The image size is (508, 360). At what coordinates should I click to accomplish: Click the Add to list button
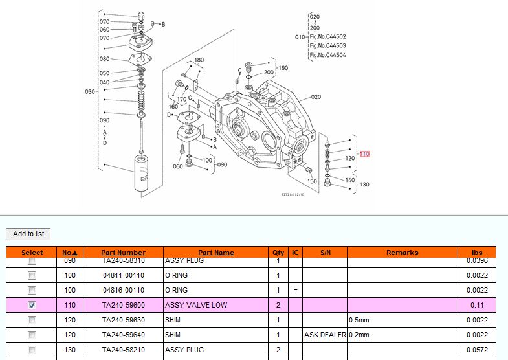point(28,234)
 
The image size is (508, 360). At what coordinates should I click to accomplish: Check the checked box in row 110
point(32,305)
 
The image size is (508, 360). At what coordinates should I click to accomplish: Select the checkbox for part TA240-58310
point(32,260)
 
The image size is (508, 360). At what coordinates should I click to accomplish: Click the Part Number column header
point(123,253)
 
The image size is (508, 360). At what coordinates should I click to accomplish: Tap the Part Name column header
point(216,253)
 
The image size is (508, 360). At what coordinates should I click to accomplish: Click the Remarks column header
point(402,253)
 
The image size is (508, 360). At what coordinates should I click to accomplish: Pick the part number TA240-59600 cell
point(123,305)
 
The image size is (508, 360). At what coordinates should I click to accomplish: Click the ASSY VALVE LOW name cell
point(196,305)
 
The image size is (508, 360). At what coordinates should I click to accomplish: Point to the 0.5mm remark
point(359,320)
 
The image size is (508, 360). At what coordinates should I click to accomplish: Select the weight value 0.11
point(477,305)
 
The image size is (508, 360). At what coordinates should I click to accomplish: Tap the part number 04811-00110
point(123,275)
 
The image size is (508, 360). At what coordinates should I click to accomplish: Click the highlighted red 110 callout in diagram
point(365,154)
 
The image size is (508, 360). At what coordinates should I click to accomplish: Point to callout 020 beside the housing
point(316,97)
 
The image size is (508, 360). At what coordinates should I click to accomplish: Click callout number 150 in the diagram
point(312,181)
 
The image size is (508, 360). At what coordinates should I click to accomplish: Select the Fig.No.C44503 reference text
point(327,46)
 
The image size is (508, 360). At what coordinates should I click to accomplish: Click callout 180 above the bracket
point(199,60)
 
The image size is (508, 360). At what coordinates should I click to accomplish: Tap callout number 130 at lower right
point(364,185)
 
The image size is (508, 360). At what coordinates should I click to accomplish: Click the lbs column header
point(477,253)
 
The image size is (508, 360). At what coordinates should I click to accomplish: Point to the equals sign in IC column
point(295,290)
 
